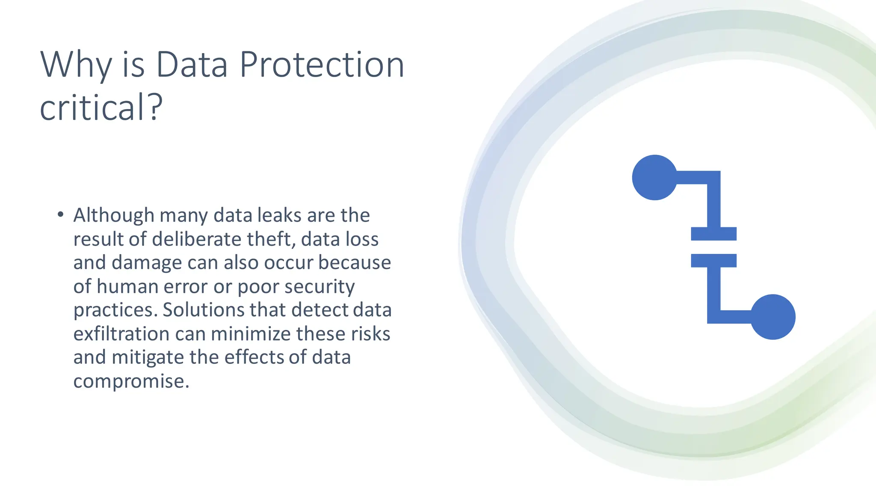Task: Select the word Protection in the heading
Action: [322, 65]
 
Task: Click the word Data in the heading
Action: [191, 65]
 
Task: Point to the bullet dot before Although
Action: [60, 214]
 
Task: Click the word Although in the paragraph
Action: [114, 215]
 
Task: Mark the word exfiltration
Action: [121, 334]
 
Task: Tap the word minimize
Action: [251, 334]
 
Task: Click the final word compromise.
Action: [131, 381]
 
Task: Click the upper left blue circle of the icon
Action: [654, 177]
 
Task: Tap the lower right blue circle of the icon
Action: [773, 317]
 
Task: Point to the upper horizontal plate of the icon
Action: [713, 234]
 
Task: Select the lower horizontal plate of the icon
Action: [713, 261]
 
